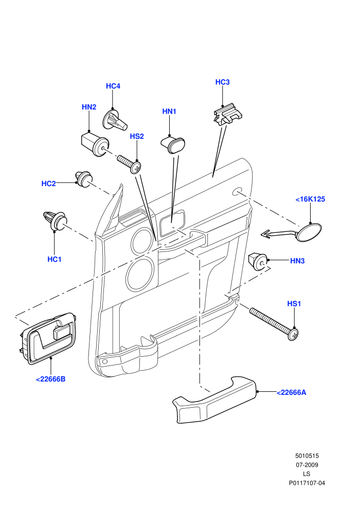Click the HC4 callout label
pos(113,86)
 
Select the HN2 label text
pos(89,107)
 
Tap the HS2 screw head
pos(136,168)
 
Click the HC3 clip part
pos(228,114)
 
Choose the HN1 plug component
pos(173,144)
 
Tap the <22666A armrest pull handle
pos(214,401)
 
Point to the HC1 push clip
pos(55,221)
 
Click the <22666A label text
pos(291,392)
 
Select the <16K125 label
pos(310,199)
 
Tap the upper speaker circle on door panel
pos(142,241)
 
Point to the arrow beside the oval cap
pos(279,233)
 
